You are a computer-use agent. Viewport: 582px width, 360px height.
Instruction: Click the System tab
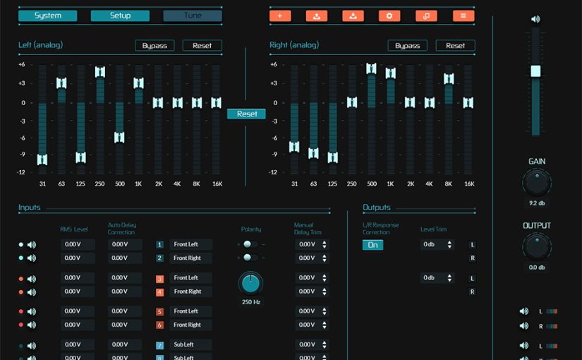click(47, 16)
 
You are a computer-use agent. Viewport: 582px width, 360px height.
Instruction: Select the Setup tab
click(120, 16)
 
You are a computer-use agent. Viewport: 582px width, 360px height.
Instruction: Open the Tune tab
click(193, 16)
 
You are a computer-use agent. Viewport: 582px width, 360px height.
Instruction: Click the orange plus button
click(280, 16)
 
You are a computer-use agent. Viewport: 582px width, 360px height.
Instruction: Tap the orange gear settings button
click(389, 16)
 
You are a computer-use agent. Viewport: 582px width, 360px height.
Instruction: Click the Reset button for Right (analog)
click(455, 46)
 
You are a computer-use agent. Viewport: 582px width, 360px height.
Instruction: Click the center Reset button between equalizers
click(246, 114)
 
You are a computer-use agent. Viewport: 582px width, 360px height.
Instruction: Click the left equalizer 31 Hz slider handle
click(42, 160)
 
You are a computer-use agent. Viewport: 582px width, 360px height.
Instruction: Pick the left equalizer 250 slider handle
click(100, 72)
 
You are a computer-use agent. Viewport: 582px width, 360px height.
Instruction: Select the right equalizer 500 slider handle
click(371, 68)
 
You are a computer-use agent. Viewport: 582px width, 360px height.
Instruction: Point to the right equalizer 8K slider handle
click(448, 79)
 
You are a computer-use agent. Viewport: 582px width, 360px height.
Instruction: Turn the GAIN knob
click(537, 184)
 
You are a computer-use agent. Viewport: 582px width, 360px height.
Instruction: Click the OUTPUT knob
click(537, 248)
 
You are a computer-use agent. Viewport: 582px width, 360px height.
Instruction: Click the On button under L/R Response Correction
click(373, 245)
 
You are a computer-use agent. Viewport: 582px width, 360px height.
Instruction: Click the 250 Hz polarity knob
click(250, 284)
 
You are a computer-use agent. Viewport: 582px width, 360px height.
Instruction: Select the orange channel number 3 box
click(160, 278)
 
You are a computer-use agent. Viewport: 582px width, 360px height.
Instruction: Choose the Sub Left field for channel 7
click(190, 344)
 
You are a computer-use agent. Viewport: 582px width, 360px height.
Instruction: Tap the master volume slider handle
click(535, 71)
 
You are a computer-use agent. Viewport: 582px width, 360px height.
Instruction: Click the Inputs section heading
click(30, 208)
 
